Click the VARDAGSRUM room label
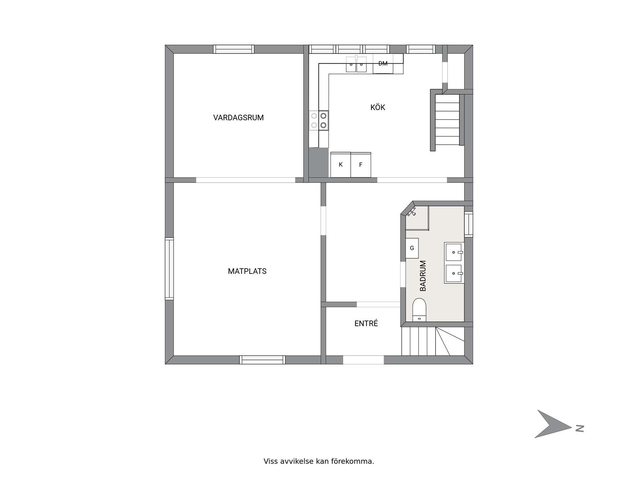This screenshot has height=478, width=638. click(238, 118)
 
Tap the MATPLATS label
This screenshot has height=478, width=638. click(247, 271)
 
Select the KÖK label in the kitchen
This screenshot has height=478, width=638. click(377, 107)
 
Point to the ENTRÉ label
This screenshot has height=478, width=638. click(366, 323)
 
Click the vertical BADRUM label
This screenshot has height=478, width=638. click(423, 276)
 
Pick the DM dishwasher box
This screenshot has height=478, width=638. click(383, 64)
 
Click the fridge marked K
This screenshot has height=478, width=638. click(341, 165)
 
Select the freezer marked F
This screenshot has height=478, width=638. click(361, 165)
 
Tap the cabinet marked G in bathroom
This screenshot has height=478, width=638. click(412, 248)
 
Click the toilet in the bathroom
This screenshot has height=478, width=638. click(419, 310)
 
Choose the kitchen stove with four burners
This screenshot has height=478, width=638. click(319, 120)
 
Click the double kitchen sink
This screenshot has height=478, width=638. click(356, 64)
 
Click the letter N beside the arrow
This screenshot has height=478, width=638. click(580, 429)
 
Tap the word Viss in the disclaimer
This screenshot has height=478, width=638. click(271, 461)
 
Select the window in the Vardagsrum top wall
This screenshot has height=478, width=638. click(234, 49)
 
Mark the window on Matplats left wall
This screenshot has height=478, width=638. click(169, 269)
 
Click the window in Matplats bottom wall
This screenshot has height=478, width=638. click(262, 360)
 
